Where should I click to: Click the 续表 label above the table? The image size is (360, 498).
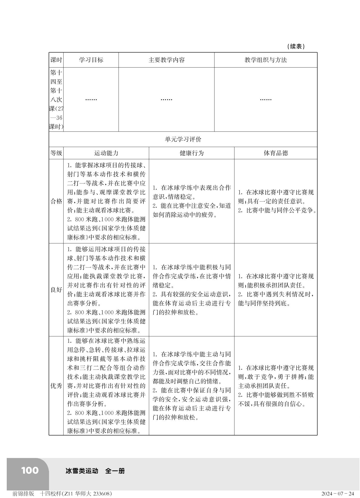click(296, 47)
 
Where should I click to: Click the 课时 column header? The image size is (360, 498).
click(56, 60)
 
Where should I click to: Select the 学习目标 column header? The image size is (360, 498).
click(91, 60)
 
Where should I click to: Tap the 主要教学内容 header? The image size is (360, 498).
click(167, 60)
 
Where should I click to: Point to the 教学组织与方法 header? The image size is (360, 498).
click(266, 60)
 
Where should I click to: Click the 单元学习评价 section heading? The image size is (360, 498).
click(183, 140)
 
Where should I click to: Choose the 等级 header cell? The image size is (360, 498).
click(56, 153)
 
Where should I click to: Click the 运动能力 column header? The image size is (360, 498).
click(106, 153)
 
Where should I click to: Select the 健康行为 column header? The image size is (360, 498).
click(192, 153)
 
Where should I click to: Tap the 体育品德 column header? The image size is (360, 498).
click(276, 153)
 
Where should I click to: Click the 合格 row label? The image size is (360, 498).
click(56, 201)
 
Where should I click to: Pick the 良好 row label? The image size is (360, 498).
click(56, 290)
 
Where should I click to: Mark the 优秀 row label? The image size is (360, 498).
click(56, 386)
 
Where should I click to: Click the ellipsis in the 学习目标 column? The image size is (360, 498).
click(91, 99)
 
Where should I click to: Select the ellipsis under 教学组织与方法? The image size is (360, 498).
click(266, 99)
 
